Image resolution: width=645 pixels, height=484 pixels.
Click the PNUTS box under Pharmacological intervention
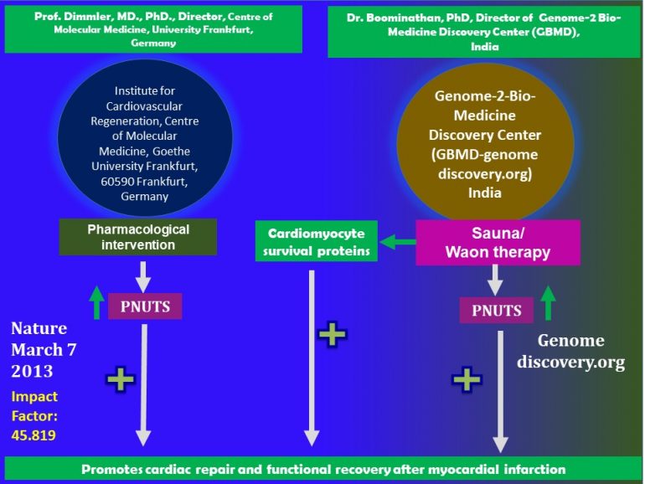point(144,306)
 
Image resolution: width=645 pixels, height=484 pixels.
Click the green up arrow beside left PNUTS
point(98,306)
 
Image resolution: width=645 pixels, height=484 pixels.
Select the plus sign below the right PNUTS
point(466,379)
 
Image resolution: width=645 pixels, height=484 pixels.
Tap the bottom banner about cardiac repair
point(322,469)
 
